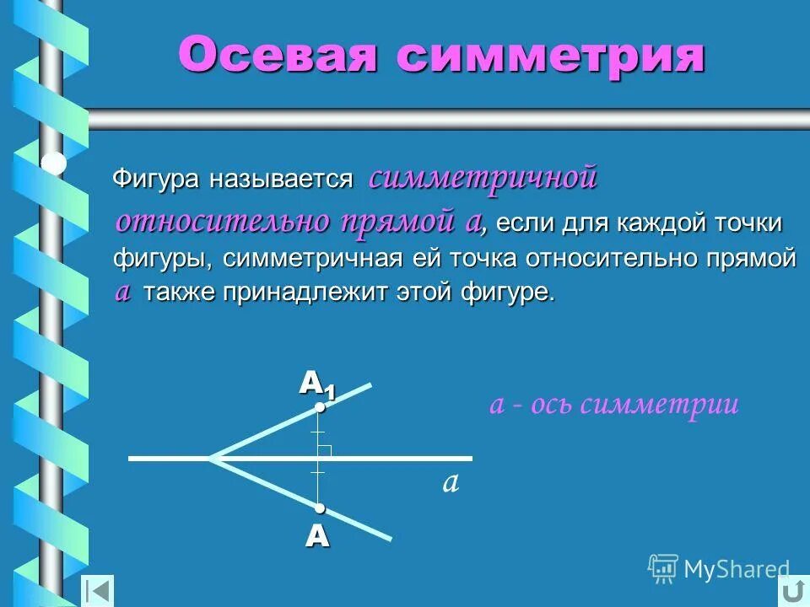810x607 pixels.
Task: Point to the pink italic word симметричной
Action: coord(483,178)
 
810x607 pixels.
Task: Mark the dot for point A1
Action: coord(320,408)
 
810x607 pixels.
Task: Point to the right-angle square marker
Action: coord(326,451)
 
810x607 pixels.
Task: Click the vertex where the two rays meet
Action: coord(211,458)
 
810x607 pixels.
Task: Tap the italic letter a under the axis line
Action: coord(450,482)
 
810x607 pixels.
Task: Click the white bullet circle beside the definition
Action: coord(54,163)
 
